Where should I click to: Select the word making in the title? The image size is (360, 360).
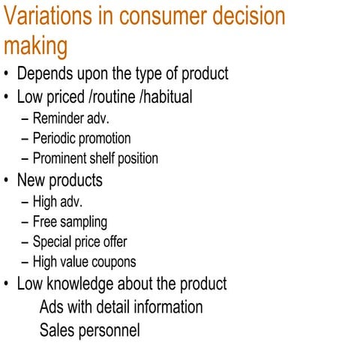coord(35,46)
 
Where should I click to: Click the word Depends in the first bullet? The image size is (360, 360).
coord(45,75)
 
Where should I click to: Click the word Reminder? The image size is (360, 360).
coord(61,118)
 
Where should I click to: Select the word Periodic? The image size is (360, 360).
coord(58,139)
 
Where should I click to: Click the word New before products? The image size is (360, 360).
coord(33,181)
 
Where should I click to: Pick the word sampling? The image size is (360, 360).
coord(83,222)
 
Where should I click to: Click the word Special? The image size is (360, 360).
coord(55,242)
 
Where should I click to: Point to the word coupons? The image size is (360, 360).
coord(112,262)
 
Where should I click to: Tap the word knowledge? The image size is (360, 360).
coord(84,284)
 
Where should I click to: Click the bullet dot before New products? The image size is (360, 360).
coord(7,181)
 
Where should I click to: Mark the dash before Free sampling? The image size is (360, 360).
coord(25,223)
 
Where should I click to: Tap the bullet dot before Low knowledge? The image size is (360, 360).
coord(7,285)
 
